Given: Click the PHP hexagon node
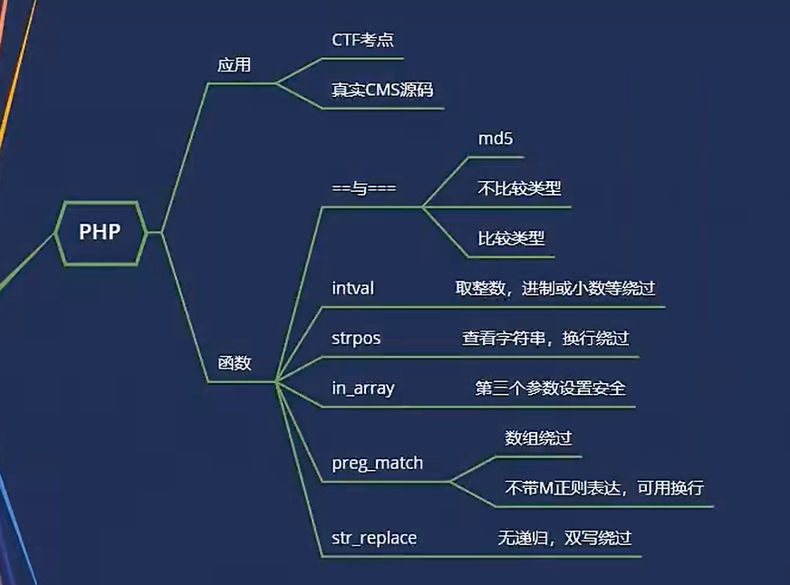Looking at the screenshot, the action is [x=101, y=233].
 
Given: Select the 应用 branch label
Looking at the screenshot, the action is [x=234, y=65].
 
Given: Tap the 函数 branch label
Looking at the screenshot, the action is [x=235, y=362].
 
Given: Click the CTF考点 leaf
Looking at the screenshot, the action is [x=362, y=40].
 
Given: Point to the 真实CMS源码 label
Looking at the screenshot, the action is [x=382, y=90].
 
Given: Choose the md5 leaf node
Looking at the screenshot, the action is [x=496, y=139].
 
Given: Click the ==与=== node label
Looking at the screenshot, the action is [x=364, y=188].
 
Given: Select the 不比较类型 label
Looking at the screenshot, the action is [x=519, y=188].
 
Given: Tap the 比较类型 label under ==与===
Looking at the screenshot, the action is [x=511, y=238].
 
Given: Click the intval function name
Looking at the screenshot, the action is [x=352, y=288].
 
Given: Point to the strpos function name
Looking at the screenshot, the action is [x=356, y=339].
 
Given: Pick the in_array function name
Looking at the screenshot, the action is [x=362, y=388].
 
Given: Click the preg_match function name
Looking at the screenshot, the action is [x=378, y=463].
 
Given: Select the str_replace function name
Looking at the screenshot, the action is [x=374, y=538].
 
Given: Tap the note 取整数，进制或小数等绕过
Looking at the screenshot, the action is [x=555, y=288].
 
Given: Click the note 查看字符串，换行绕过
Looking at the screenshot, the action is [x=545, y=338].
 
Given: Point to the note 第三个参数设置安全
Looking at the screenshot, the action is [x=550, y=388].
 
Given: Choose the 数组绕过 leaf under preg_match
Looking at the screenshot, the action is [x=538, y=437].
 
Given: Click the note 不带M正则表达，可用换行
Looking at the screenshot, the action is [x=604, y=487].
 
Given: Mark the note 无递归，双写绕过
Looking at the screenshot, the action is [x=564, y=538].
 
